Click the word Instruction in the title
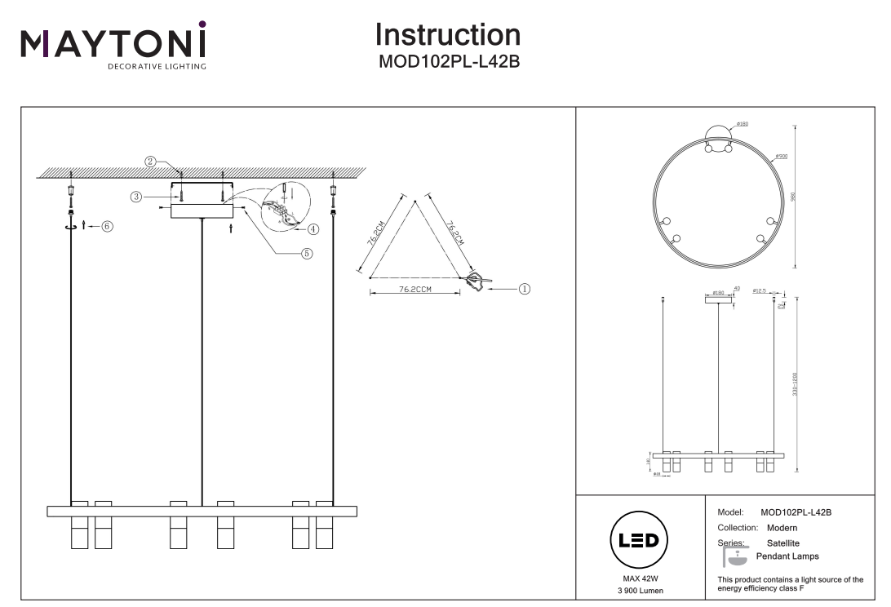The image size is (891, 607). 448,34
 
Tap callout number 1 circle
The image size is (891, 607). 525,287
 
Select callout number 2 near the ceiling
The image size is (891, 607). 151,161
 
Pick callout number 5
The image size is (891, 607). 307,253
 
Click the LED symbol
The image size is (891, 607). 640,541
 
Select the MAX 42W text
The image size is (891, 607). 640,578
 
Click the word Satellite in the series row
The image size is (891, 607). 782,543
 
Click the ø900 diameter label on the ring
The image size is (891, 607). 781,155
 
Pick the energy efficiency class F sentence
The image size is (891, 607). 789,583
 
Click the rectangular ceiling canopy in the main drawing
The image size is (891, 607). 202,211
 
